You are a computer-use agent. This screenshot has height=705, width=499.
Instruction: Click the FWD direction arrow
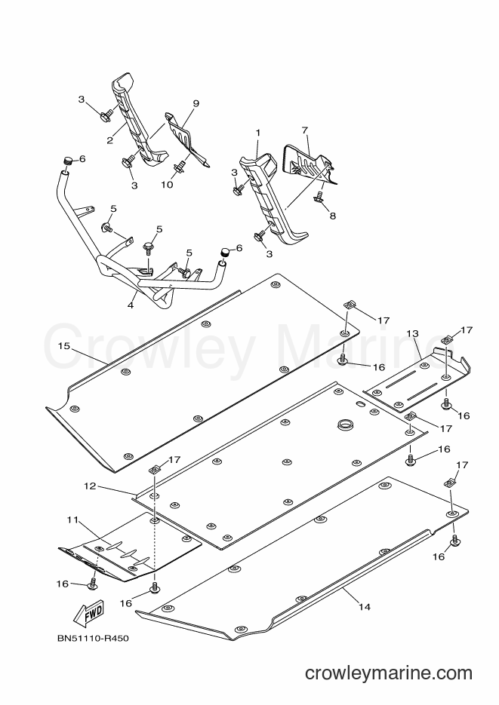88,613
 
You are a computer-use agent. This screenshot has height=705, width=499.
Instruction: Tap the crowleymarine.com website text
388,673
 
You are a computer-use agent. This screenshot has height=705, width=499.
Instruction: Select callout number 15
64,346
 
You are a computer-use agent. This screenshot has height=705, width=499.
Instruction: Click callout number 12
90,486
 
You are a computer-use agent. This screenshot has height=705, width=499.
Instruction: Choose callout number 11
72,520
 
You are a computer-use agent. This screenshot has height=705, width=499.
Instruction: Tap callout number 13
412,333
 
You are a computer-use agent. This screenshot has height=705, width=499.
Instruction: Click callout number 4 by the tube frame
131,305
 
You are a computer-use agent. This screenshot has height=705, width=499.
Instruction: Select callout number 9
196,103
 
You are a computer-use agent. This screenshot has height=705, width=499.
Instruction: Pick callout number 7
305,130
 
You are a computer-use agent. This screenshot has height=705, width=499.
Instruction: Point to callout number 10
167,185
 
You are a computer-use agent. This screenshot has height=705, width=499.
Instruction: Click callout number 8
332,216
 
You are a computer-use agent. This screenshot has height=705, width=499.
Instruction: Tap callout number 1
258,133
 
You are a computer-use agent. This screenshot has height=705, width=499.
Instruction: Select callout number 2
109,140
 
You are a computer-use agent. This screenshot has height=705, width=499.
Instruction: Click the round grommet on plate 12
346,424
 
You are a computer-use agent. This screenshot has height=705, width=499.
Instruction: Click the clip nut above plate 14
448,483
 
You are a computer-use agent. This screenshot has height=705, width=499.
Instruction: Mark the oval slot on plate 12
361,404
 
